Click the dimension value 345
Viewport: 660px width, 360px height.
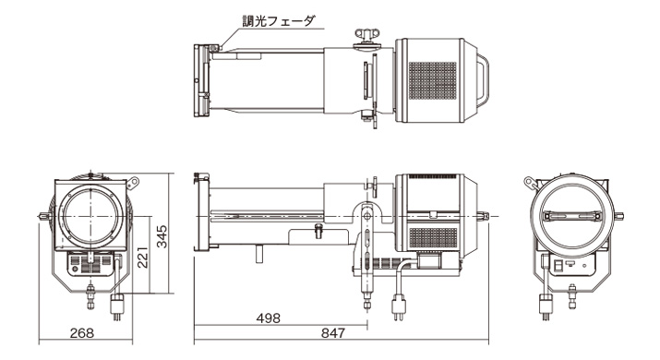click(162, 236)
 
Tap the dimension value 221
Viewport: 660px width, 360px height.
click(143, 257)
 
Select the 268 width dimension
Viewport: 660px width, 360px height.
click(82, 333)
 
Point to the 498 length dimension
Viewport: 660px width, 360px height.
click(268, 318)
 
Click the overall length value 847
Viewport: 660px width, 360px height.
click(333, 333)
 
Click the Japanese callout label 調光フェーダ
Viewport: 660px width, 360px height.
click(278, 21)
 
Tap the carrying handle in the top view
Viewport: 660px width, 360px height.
click(483, 80)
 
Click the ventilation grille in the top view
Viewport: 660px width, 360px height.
click(432, 81)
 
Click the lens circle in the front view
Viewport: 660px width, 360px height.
click(90, 216)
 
